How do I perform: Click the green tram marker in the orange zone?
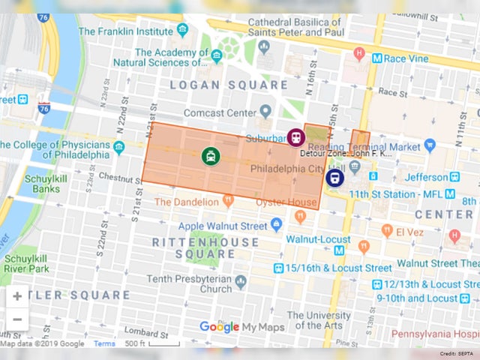pos(211,156)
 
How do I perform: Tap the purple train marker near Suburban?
pos(295,137)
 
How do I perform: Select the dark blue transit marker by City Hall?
pos(334,177)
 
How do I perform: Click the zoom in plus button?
pos(16,296)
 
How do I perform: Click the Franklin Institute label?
pos(126,31)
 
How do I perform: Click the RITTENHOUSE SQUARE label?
pos(205,248)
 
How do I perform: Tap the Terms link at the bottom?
pos(104,344)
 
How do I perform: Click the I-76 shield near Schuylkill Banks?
pos(44,107)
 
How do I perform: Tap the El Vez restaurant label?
pos(411,231)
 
